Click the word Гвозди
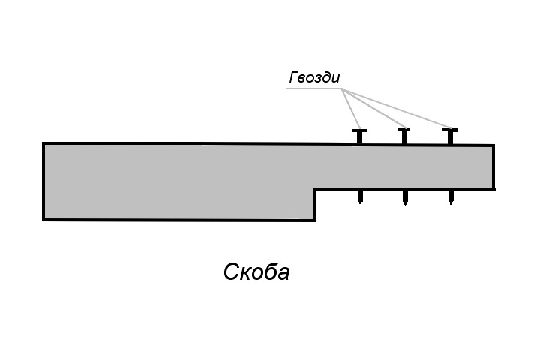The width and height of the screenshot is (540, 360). pyautogui.click(x=314, y=77)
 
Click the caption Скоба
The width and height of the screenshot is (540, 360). pyautogui.click(x=256, y=271)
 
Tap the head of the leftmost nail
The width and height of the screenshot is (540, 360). pyautogui.click(x=359, y=130)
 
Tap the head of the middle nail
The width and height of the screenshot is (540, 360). pyautogui.click(x=404, y=130)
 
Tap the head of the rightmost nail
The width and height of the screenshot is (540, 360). pyautogui.click(x=450, y=130)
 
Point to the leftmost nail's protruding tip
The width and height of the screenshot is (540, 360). pyautogui.click(x=360, y=204)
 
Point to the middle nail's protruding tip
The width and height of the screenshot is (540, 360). pyautogui.click(x=405, y=205)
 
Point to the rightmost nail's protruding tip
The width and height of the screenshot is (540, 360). pyautogui.click(x=451, y=204)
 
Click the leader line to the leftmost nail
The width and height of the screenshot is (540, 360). pyautogui.click(x=351, y=109)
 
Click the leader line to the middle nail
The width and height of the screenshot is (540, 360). pyautogui.click(x=375, y=108)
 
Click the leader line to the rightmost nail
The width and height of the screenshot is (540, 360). pyautogui.click(x=397, y=108)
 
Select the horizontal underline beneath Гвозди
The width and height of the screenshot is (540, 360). pyautogui.click(x=314, y=88)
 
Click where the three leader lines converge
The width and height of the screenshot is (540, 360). pyautogui.click(x=343, y=89)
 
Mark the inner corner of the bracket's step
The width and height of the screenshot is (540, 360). pyautogui.click(x=316, y=189)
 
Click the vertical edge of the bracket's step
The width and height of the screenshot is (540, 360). pyautogui.click(x=316, y=205)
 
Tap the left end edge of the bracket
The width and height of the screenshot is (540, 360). pyautogui.click(x=43, y=181)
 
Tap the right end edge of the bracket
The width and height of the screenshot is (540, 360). pyautogui.click(x=493, y=167)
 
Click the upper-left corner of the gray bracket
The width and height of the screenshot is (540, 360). pyautogui.click(x=43, y=143)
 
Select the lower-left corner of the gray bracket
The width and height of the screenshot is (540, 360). pyautogui.click(x=43, y=220)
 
